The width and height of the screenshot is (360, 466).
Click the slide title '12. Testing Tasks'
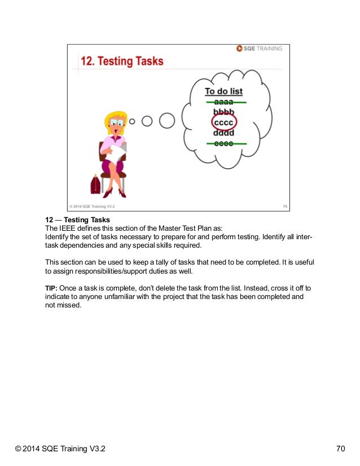pos(121,61)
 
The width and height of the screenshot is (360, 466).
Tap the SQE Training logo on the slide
pos(260,49)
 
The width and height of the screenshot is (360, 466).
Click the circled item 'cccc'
pos(225,122)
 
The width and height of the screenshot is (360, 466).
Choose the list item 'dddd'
pos(225,133)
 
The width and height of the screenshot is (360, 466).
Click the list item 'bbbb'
pos(225,112)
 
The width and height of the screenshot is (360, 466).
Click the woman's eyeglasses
pos(117,122)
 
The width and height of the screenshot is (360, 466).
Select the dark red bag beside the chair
pos(95,183)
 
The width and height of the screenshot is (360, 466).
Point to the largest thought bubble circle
pos(166,120)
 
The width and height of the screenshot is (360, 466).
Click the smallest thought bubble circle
pos(133,121)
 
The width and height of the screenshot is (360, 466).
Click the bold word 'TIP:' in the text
pos(51,288)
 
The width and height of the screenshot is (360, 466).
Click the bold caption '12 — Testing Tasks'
pos(77,219)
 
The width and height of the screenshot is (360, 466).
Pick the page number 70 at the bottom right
pos(340,449)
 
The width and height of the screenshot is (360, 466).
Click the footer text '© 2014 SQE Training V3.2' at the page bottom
pos(60,449)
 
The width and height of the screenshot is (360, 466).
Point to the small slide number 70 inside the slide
pos(285,206)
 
